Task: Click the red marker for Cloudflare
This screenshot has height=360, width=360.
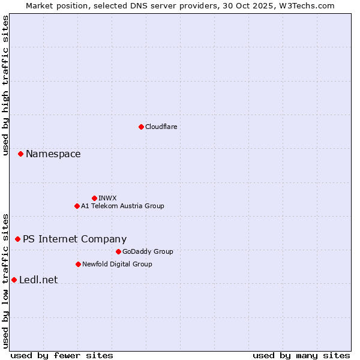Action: point(141,127)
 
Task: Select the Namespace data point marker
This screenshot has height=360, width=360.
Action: point(20,154)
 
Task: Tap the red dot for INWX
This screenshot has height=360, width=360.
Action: point(94,198)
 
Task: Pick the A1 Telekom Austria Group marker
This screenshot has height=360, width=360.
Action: point(77,206)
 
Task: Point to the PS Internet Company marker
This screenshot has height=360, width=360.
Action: point(17,239)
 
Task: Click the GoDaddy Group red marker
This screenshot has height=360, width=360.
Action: point(118,251)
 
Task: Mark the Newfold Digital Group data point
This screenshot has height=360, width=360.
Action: point(78,264)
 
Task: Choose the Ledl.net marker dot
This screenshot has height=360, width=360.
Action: point(14,280)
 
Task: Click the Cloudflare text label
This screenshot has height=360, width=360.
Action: point(161,127)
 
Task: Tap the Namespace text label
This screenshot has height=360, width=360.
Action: point(53,154)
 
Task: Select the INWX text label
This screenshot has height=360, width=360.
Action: point(107,198)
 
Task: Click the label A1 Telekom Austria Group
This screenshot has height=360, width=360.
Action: point(122,206)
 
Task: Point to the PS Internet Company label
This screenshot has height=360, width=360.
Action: point(74,239)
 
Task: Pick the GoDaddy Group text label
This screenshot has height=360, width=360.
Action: point(148,251)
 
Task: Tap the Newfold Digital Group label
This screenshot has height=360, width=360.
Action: point(117,264)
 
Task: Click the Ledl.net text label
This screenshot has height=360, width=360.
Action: point(38,280)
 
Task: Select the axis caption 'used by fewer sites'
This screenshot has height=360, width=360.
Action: point(62,355)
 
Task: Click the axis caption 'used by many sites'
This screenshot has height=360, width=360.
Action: point(301,355)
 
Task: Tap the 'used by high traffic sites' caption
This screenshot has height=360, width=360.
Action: point(5,85)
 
